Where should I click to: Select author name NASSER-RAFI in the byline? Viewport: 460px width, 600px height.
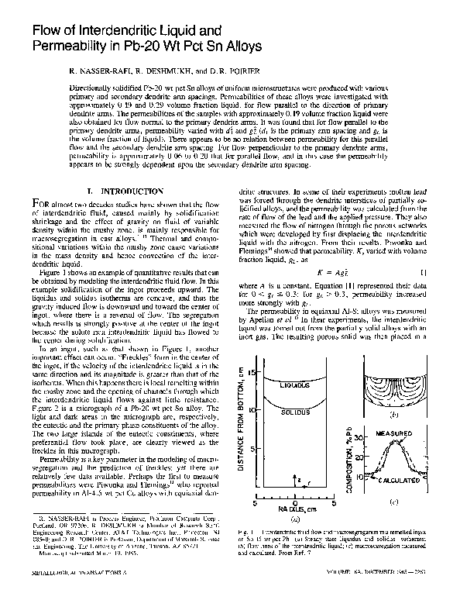click(x=100, y=71)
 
